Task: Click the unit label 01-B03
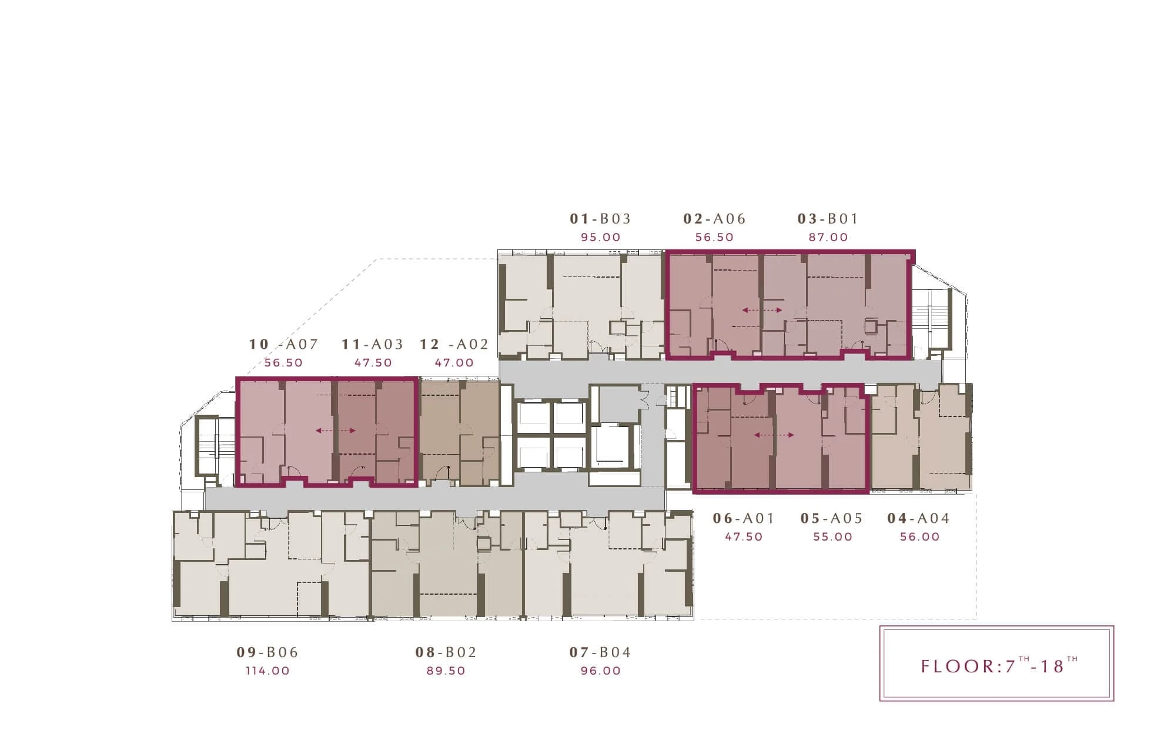[600, 219]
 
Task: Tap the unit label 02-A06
[714, 219]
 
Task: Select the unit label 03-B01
[828, 219]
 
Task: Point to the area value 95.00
[600, 237]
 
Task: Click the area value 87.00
[828, 237]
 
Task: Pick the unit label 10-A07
[283, 344]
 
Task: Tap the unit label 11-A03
[373, 344]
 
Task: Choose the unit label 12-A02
[454, 344]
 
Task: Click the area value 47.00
[454, 362]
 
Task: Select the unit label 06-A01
[744, 518]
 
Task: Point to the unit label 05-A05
[831, 518]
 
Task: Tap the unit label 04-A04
[918, 518]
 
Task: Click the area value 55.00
[832, 536]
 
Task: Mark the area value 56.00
[919, 536]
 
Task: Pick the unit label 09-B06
[267, 652]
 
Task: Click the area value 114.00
[267, 671]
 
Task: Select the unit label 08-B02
[446, 652]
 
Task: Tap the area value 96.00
[600, 671]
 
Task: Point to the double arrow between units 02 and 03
[762, 310]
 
